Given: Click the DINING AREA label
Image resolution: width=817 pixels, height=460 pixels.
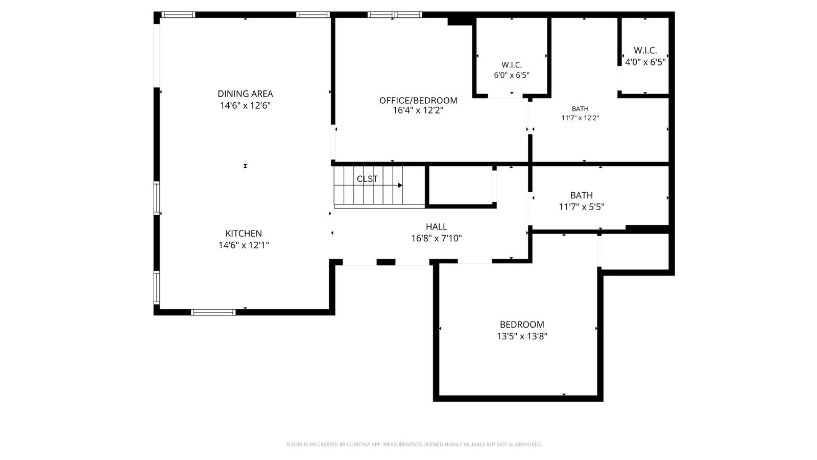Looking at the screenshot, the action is (245, 94).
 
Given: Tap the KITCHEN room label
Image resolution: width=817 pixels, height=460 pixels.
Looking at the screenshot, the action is (244, 234).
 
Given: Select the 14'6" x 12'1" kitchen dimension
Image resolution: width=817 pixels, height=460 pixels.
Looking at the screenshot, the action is (244, 245).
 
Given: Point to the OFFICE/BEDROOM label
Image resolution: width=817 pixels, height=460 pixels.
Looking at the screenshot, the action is (418, 100).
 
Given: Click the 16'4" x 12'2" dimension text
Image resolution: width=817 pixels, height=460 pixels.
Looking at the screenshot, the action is (418, 110).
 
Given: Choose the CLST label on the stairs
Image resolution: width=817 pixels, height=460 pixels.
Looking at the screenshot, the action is (367, 179).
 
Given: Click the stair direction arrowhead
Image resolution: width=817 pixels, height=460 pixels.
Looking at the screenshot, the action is (400, 186).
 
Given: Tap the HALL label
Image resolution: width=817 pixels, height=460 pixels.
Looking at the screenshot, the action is (436, 227).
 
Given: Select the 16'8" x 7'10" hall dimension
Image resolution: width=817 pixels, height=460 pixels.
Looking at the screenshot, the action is (436, 238).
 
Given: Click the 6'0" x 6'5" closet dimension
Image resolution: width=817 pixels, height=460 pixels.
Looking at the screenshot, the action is (511, 76).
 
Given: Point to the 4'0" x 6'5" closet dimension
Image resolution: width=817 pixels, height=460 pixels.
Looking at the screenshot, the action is (645, 62).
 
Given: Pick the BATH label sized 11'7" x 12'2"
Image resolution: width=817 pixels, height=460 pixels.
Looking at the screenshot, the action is (580, 109).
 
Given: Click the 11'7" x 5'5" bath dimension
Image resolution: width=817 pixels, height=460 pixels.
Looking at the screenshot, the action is (582, 207).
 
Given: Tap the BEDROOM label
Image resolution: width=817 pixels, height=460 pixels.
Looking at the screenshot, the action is (522, 325).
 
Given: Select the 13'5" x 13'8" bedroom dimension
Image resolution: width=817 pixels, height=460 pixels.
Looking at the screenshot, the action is (522, 336).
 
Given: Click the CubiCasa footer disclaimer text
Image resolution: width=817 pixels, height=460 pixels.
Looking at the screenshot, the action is (414, 444).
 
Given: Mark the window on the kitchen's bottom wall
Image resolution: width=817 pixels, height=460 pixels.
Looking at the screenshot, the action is (213, 312).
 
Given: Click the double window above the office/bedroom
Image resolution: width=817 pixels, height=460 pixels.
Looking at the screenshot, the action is (395, 15).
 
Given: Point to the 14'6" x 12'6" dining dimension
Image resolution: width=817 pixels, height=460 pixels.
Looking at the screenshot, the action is (245, 105).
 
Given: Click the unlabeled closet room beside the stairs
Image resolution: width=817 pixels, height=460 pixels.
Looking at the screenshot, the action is (461, 186).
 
